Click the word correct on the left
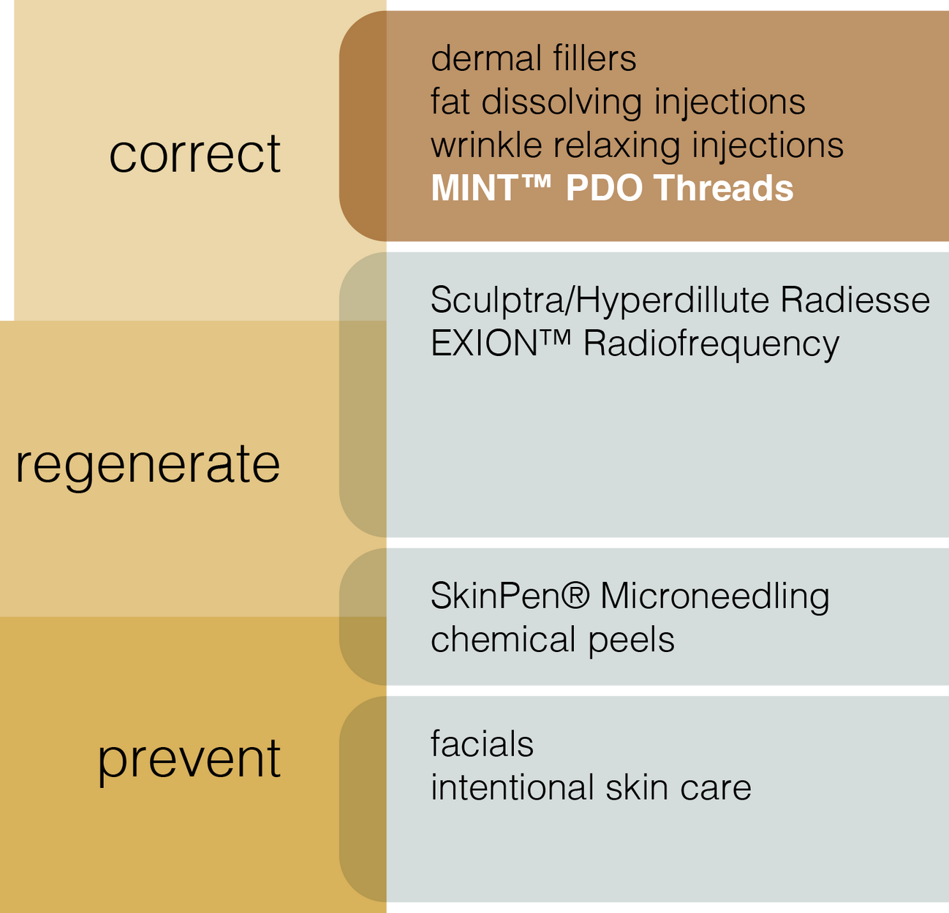[x=194, y=154]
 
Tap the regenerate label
[x=148, y=465]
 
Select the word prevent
[x=189, y=759]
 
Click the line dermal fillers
[x=533, y=58]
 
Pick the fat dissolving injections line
[x=618, y=102]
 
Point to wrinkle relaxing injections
[x=637, y=145]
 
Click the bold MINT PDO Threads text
[x=612, y=188]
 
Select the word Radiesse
[x=855, y=300]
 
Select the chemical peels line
[x=552, y=640]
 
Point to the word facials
[x=482, y=744]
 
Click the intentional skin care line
[x=591, y=788]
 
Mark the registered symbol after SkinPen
[x=576, y=594]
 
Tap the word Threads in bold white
[x=724, y=188]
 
